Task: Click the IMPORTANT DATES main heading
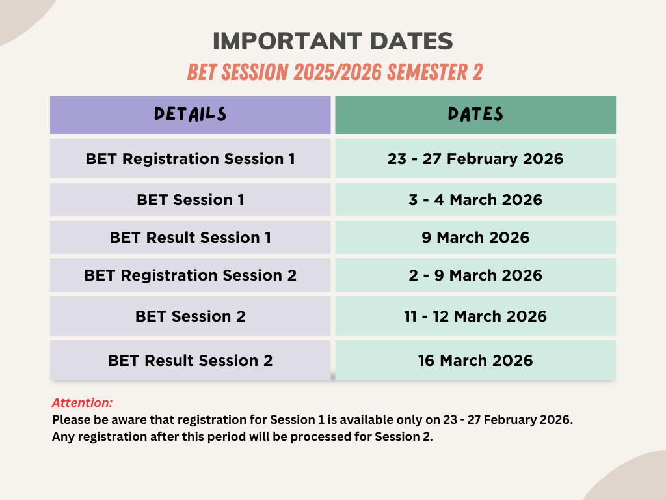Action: [332, 41]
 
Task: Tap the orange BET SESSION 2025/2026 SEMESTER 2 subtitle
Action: [335, 72]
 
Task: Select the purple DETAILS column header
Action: [191, 115]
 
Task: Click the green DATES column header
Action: [475, 115]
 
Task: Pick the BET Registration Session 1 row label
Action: [191, 159]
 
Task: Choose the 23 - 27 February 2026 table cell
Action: [475, 159]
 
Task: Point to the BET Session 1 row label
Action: [191, 199]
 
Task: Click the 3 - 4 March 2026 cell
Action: [475, 199]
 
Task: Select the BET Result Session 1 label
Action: [191, 237]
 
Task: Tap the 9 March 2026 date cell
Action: [475, 237]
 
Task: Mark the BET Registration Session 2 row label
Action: [191, 275]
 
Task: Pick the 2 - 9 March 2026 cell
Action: [475, 275]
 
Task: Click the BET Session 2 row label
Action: [191, 316]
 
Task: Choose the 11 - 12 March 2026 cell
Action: [475, 316]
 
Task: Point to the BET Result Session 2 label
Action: [191, 361]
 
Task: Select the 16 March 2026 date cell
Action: [475, 361]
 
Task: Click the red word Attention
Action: [82, 402]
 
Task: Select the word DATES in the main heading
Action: [412, 41]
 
